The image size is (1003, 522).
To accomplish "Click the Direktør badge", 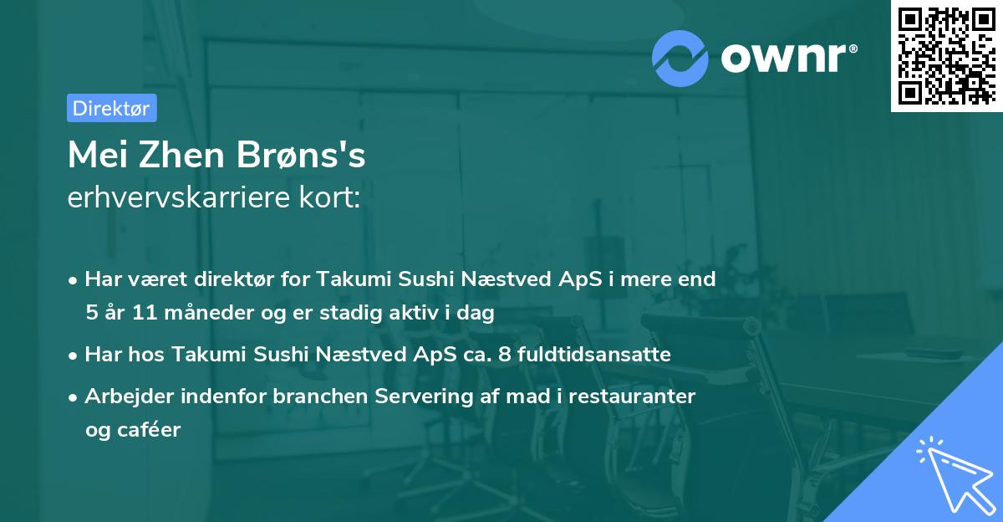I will point(111,108).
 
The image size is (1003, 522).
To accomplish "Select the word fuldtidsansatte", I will point(592,355).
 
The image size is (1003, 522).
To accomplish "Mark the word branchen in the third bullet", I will point(303,396).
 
